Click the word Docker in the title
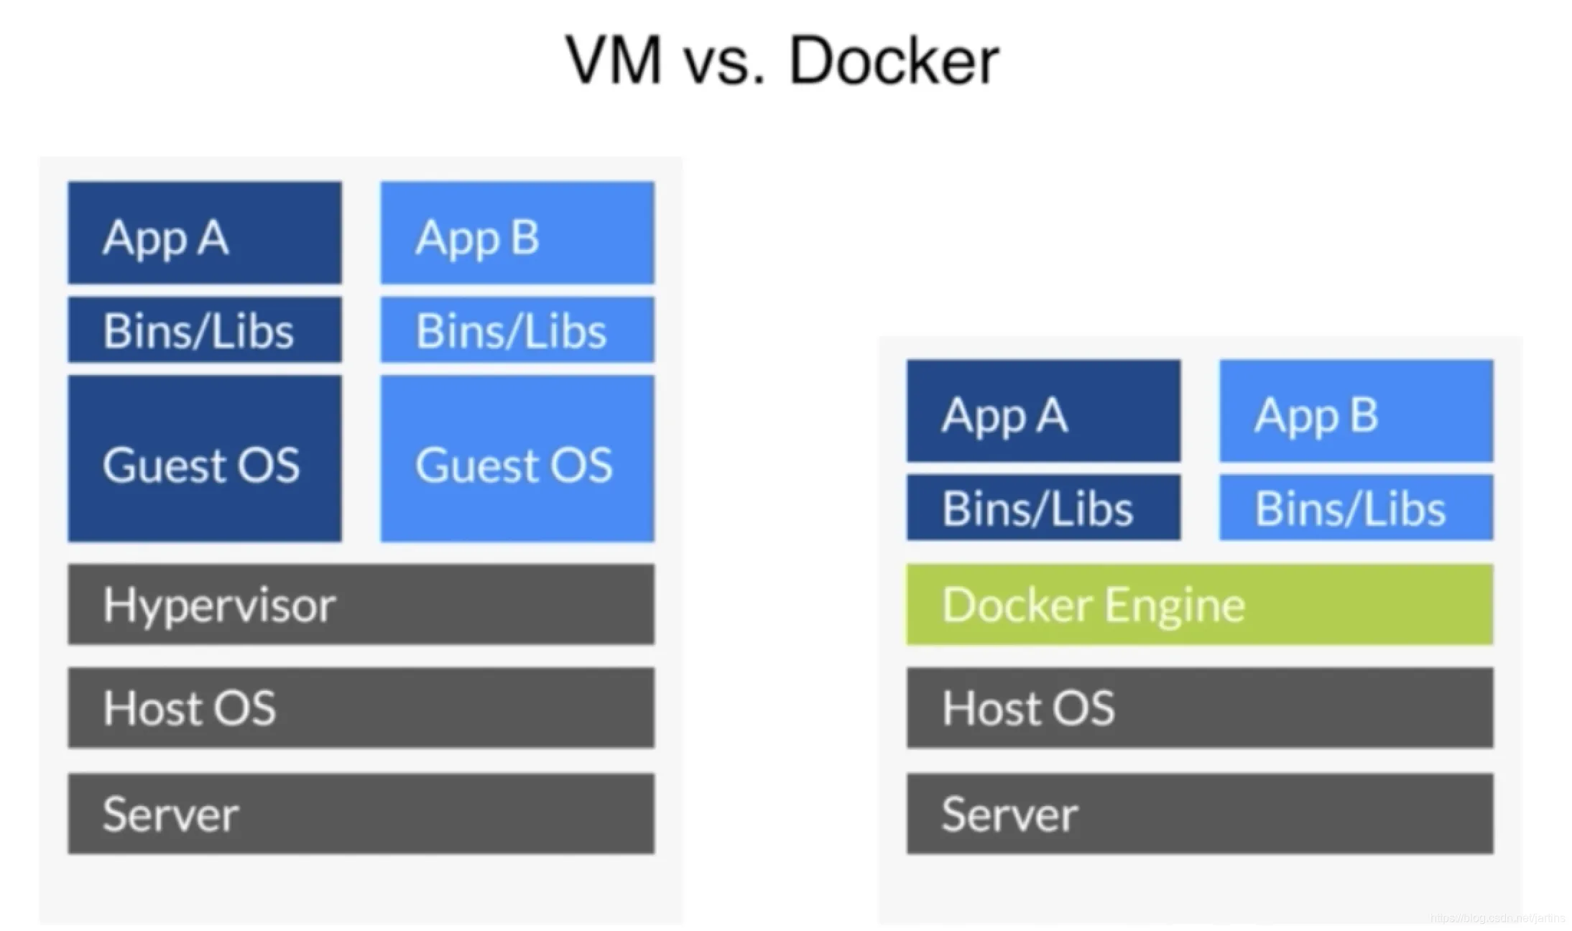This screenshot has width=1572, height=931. point(894,60)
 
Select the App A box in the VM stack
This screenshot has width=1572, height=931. point(205,233)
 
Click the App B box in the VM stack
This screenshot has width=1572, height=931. point(517,233)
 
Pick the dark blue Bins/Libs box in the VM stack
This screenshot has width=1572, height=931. point(205,330)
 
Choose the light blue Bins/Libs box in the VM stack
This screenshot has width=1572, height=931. point(517,330)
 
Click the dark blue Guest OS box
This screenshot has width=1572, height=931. point(205,458)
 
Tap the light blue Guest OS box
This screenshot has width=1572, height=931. point(517,458)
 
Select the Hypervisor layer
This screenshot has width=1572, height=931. point(361,604)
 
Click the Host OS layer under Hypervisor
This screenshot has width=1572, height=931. point(361,708)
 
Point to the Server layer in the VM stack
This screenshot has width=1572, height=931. point(361,813)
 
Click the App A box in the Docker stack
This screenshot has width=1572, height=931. point(1043,411)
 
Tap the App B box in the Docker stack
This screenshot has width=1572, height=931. point(1356,411)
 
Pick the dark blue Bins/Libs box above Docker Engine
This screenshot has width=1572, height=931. point(1043,507)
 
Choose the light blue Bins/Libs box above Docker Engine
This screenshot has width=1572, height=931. point(1356,507)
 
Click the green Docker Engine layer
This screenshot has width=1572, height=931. point(1200,604)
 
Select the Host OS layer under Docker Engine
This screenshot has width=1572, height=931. point(1200,708)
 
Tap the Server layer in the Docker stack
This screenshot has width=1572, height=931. point(1200,813)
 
